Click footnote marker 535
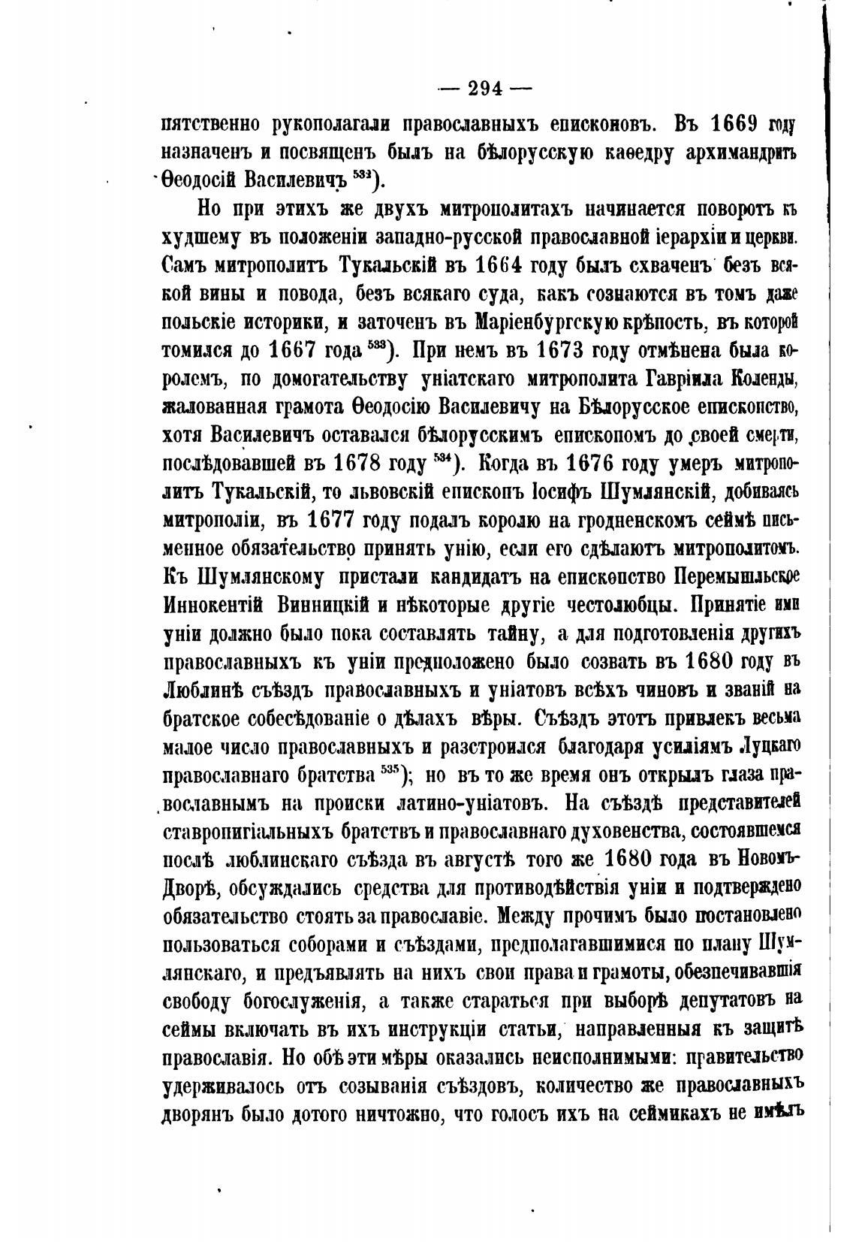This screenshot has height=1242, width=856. (388, 769)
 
